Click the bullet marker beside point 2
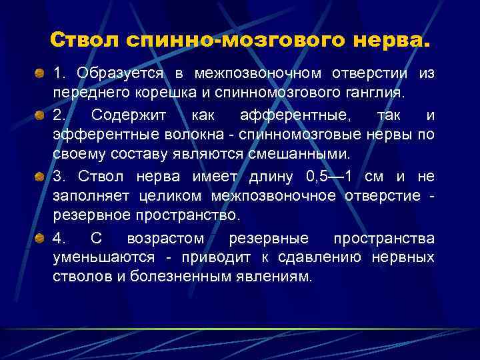(x=41, y=115)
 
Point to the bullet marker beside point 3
(x=41, y=177)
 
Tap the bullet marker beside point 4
(x=41, y=239)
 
